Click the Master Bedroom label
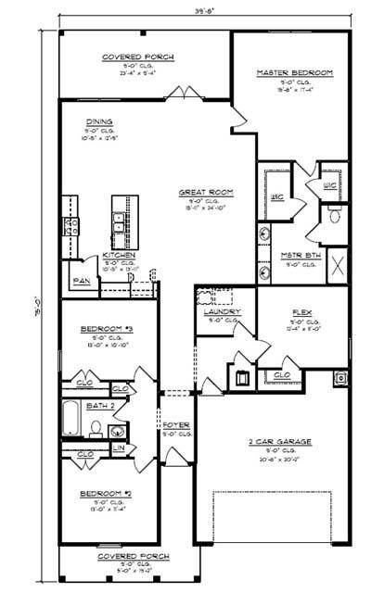click(x=292, y=72)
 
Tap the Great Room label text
click(x=205, y=193)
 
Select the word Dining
click(x=99, y=121)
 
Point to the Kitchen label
click(x=119, y=255)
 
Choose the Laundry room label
click(x=223, y=311)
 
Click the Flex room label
click(x=300, y=312)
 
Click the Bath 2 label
click(x=99, y=406)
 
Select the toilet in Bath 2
click(x=96, y=428)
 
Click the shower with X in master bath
click(x=336, y=263)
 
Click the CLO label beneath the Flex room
click(x=282, y=375)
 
